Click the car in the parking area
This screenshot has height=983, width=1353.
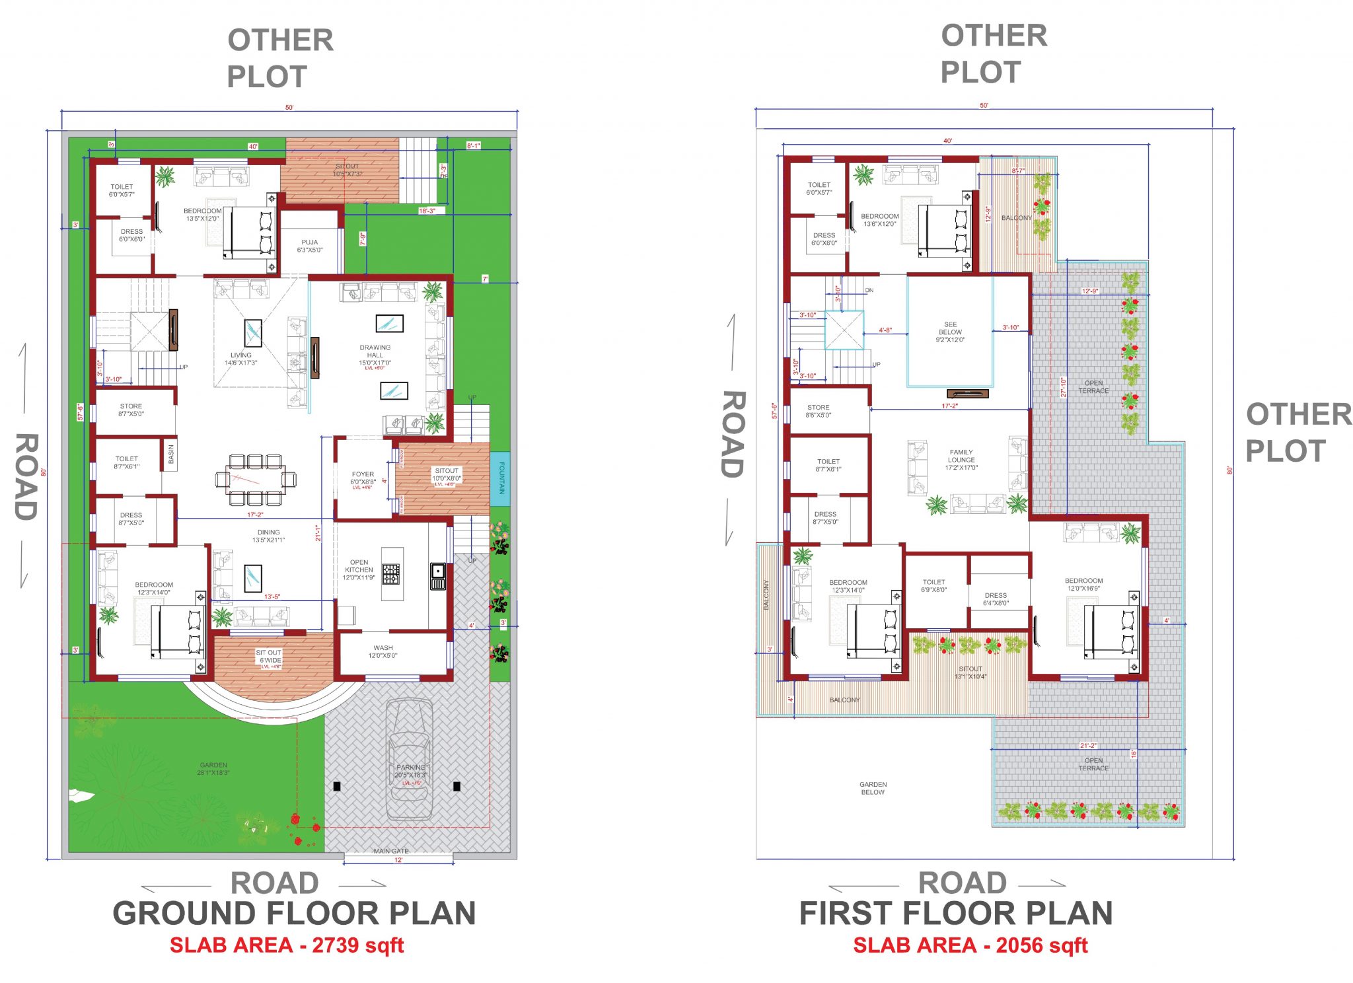click(410, 760)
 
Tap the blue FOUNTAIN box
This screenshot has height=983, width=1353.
click(500, 478)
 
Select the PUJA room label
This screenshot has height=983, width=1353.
click(309, 246)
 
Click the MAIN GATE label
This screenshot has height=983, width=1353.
click(390, 851)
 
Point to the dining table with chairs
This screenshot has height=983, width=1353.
click(255, 479)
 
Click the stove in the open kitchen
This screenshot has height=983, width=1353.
click(391, 573)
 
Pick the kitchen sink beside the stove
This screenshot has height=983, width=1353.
click(438, 575)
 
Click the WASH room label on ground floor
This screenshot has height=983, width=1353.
click(383, 651)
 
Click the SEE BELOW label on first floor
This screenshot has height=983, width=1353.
click(950, 332)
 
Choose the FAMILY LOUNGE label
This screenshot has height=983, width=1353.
click(961, 460)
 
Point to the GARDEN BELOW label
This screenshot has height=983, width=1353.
click(873, 788)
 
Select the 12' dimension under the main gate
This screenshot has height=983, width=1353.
click(398, 860)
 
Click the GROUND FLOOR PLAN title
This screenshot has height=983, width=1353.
click(294, 914)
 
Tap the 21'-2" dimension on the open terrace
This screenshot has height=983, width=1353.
click(1087, 745)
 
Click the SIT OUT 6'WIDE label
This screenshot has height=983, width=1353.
click(269, 657)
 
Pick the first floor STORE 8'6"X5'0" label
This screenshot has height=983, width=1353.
click(818, 411)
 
